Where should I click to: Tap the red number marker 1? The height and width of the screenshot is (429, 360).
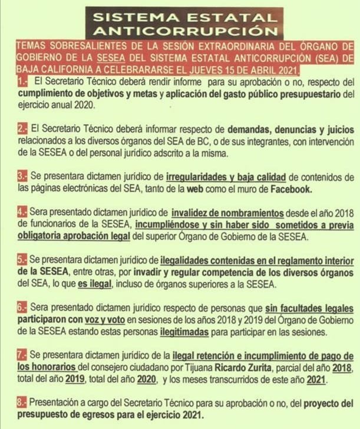pyautogui.click(x=22, y=81)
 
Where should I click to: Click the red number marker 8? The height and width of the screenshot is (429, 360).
pyautogui.click(x=22, y=404)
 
